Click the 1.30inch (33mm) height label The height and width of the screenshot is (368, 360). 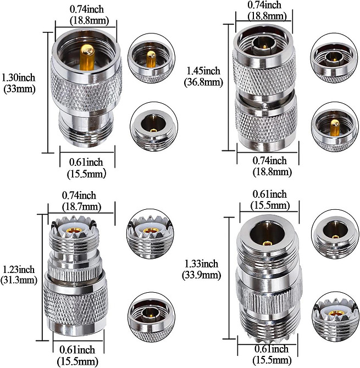[x=19, y=83]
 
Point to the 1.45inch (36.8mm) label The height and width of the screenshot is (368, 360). [x=203, y=76]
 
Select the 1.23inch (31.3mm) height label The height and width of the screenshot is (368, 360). [x=19, y=275]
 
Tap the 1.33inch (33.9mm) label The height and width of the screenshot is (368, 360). [x=202, y=270]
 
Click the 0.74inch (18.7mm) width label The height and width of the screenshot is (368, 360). [x=81, y=201]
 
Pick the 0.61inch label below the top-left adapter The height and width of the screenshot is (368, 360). [x=86, y=168]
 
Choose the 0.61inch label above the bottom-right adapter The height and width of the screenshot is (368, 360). [x=270, y=200]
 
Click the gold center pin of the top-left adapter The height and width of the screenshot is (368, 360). [x=87, y=57]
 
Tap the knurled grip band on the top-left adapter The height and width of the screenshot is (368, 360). [x=86, y=89]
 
